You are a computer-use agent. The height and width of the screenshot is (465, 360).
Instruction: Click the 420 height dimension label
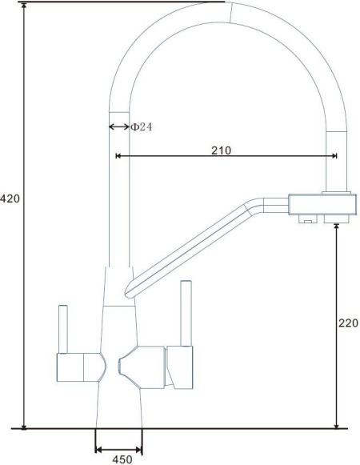click(x=10, y=198)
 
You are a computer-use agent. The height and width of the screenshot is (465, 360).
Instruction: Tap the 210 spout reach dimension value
click(x=221, y=150)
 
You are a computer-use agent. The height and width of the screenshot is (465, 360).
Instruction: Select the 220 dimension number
click(x=349, y=323)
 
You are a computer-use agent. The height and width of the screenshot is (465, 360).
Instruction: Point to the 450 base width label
click(x=122, y=459)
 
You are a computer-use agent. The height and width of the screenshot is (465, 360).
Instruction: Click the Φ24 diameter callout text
click(x=141, y=127)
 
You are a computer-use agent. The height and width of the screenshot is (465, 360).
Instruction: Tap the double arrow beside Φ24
click(x=119, y=127)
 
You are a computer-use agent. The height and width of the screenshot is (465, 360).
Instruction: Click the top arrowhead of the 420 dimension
click(x=24, y=5)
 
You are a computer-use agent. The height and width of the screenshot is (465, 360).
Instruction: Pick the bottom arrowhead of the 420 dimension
click(x=24, y=426)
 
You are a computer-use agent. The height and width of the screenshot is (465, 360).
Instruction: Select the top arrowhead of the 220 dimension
click(x=336, y=226)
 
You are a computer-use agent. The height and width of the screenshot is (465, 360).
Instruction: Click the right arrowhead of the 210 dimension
click(x=334, y=156)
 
